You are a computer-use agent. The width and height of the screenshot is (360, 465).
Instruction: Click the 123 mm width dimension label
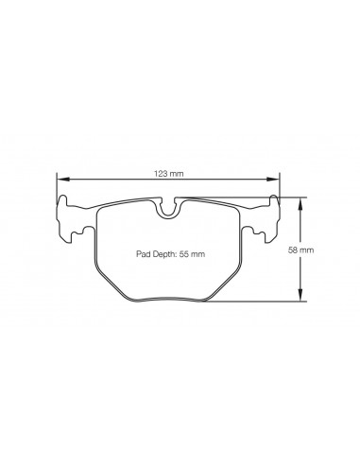[x=170, y=173]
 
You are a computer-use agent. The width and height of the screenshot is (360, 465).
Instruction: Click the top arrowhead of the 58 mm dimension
[x=300, y=201]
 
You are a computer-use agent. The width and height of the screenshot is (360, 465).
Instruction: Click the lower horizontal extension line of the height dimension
[x=274, y=301]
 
